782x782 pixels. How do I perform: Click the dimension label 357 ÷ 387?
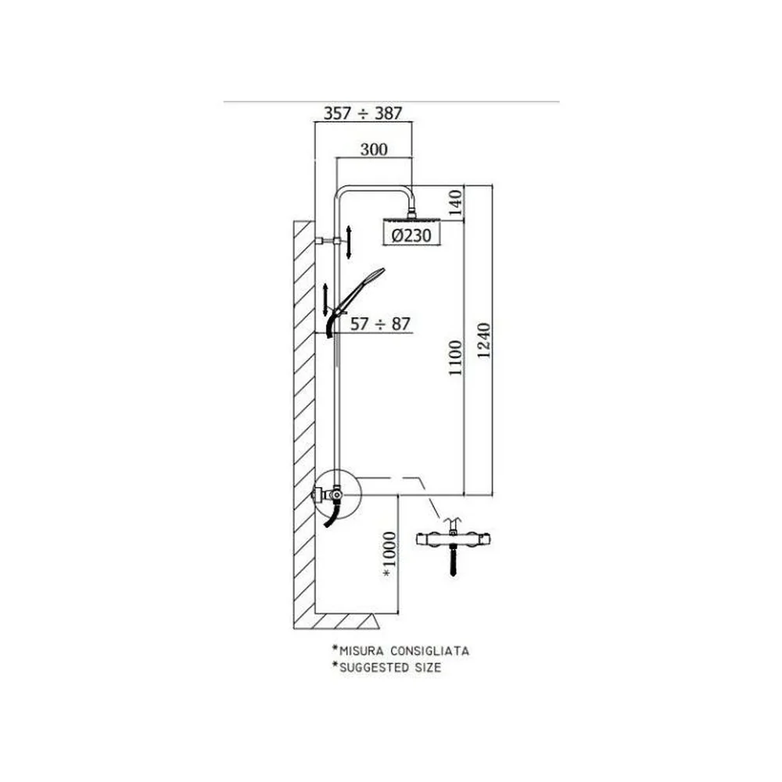363,113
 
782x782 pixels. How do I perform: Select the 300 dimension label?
374,149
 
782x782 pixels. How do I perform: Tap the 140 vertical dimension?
455,203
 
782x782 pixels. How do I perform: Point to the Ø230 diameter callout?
411,235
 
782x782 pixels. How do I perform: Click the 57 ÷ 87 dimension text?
380,324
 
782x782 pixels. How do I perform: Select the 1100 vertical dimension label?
455,357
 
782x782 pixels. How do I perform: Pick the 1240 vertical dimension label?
484,341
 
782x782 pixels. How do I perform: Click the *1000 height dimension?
389,555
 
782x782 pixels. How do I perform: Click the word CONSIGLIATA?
430,651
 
